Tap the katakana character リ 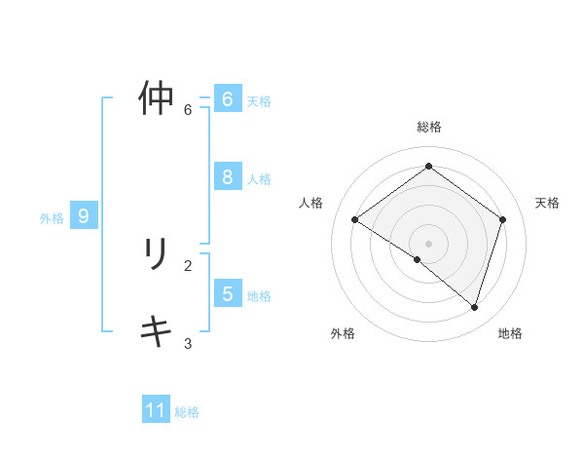click(156, 254)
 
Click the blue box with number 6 click(227, 99)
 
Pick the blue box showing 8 click(227, 177)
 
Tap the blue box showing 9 click(84, 216)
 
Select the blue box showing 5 click(227, 294)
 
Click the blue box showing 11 click(156, 410)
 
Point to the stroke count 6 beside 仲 click(188, 109)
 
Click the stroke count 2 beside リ click(188, 265)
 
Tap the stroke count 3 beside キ click(188, 343)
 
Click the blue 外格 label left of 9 click(52, 218)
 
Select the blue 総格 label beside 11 click(187, 412)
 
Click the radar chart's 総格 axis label click(428, 127)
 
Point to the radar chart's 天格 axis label click(547, 203)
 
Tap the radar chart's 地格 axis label click(510, 333)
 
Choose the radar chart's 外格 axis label click(343, 333)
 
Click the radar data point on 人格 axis click(354, 219)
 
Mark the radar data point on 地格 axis click(474, 307)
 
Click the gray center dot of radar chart click(428, 243)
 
